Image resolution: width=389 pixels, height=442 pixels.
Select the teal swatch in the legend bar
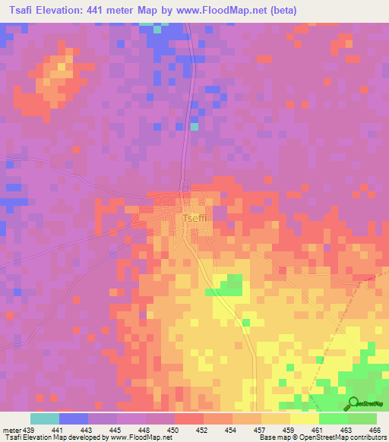coord(44,418)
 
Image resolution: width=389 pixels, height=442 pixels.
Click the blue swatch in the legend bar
coord(73,418)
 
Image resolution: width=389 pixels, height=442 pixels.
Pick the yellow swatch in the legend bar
coord(304,418)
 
